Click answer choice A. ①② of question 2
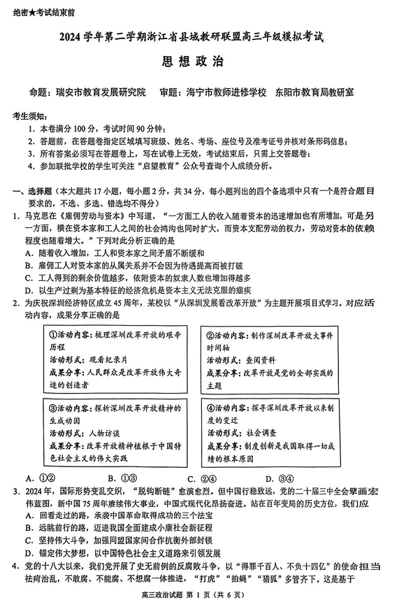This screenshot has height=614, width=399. (x=36, y=478)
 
